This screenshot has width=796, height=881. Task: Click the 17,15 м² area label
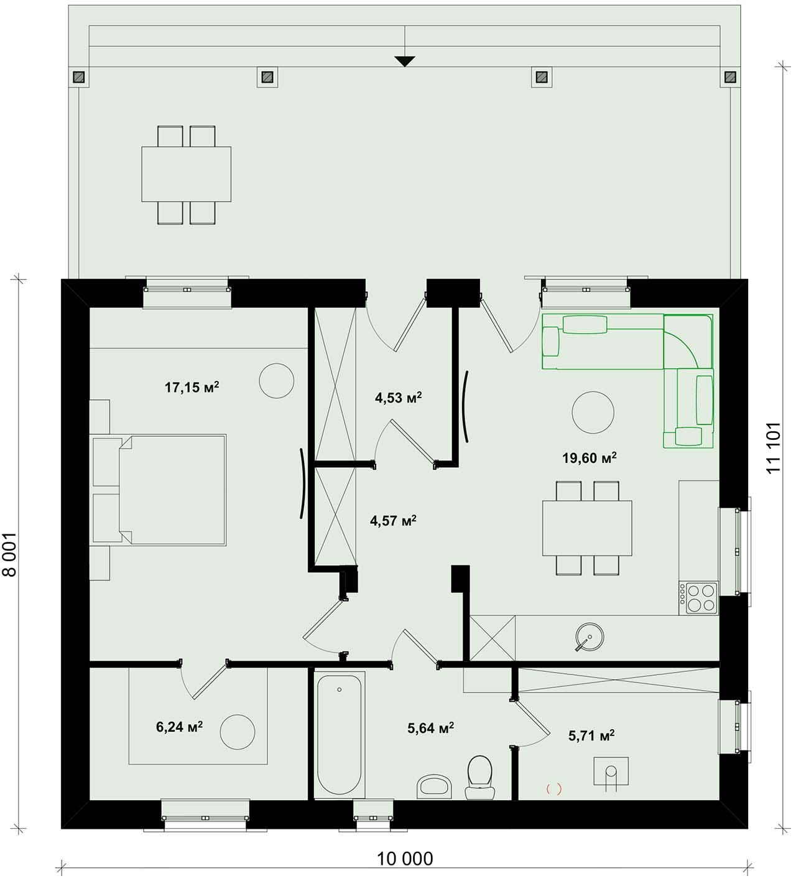(192, 388)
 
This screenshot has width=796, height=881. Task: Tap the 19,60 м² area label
(589, 458)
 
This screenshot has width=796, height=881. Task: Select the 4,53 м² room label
(398, 398)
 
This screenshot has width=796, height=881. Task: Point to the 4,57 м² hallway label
(393, 520)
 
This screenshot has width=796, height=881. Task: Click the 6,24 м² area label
(179, 727)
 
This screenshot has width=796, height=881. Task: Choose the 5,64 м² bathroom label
(430, 728)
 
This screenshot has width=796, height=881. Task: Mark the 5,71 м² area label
(591, 735)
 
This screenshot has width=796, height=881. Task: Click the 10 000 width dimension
(405, 859)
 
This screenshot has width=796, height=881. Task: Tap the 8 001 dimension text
(10, 554)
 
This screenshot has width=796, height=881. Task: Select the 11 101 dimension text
(774, 447)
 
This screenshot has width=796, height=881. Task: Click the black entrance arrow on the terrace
(404, 62)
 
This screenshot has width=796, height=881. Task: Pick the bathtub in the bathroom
(340, 735)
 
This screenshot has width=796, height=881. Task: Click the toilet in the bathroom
(479, 777)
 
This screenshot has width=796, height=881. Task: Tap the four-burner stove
(698, 598)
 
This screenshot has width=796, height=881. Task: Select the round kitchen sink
(590, 636)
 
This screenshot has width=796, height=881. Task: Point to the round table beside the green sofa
(593, 413)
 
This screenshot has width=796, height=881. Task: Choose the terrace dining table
(186, 174)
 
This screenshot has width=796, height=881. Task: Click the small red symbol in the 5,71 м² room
(553, 789)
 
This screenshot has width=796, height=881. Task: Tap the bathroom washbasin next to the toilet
(434, 786)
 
